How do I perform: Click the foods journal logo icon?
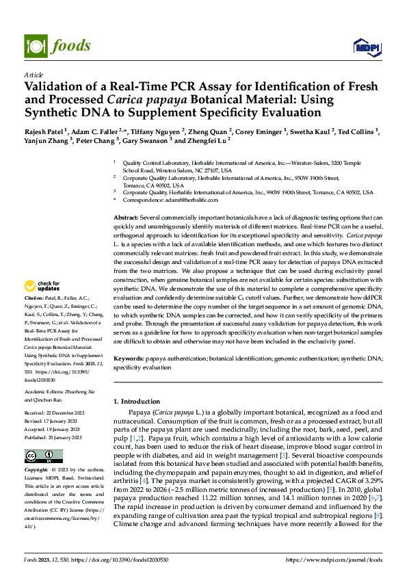point(35,46)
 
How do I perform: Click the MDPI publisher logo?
point(366,46)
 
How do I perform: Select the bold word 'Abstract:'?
point(127,217)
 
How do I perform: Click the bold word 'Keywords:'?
point(129,358)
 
